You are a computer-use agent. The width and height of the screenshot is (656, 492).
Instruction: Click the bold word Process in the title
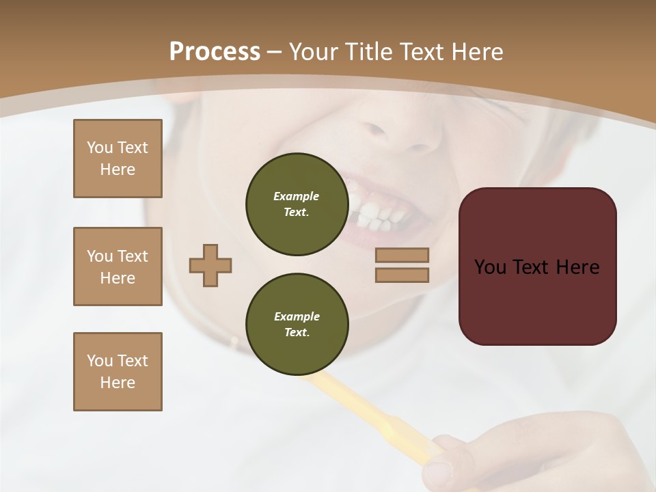215,52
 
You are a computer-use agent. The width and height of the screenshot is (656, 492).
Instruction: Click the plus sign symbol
210,265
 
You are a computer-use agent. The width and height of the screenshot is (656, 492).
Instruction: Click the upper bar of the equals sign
402,255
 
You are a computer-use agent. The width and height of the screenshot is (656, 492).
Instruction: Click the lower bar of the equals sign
402,275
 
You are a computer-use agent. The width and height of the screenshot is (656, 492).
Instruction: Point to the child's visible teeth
372,213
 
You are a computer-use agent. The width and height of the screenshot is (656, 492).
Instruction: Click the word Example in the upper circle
296,196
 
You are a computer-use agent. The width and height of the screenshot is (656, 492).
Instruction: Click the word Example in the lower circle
297,316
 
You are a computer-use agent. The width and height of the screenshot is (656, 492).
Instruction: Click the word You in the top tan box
99,148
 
